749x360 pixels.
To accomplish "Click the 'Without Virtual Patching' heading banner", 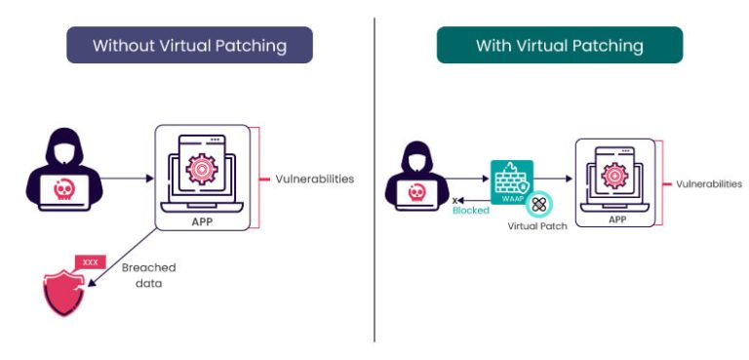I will [x=189, y=45].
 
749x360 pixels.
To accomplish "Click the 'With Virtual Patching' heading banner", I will [x=559, y=45].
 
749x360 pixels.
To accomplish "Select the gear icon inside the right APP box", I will [x=615, y=177].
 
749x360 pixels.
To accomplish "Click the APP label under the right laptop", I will [x=616, y=220].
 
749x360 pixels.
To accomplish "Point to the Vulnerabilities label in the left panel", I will [x=313, y=180].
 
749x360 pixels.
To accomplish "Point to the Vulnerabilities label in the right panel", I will [x=708, y=183].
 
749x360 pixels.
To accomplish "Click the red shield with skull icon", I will [x=64, y=292].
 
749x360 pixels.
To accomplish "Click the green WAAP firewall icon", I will [x=510, y=182].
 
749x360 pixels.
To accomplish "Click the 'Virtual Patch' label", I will [x=537, y=225].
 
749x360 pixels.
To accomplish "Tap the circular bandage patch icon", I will [x=538, y=203].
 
